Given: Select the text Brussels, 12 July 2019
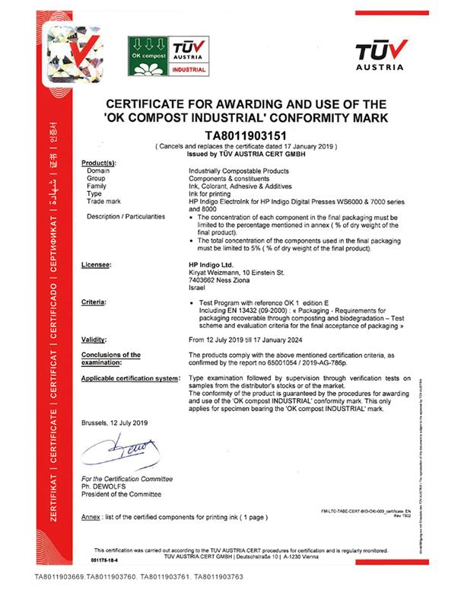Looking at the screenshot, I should pyautogui.click(x=113, y=422).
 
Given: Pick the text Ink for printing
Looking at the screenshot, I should pyautogui.click(x=209, y=194).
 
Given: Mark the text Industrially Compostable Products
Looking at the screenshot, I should pyautogui.click(x=235, y=172).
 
